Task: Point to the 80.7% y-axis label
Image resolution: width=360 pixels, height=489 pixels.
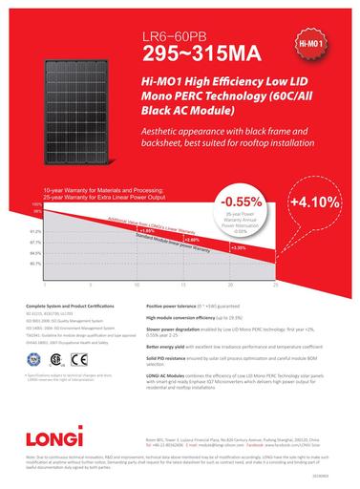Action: pos(36,263)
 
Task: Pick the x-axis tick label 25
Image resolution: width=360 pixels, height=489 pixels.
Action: pos(275,285)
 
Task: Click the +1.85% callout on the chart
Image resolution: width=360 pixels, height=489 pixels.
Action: pos(147,230)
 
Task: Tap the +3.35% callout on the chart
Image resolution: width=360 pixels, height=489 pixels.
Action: pos(239,247)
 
